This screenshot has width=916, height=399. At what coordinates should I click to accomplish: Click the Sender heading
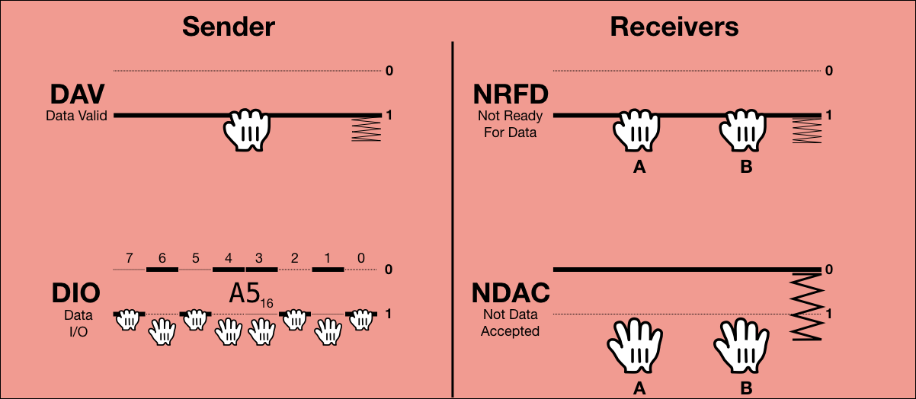[228, 27]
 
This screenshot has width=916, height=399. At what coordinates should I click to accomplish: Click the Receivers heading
[674, 27]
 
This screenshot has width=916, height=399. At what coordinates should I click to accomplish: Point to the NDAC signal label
[511, 294]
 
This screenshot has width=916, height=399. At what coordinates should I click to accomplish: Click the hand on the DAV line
[247, 129]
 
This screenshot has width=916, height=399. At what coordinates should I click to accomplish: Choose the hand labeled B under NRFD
[745, 129]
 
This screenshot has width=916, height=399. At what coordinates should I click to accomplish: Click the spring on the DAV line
[365, 129]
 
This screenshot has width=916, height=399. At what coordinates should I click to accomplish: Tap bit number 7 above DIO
[130, 259]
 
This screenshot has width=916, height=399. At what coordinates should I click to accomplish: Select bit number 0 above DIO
[360, 259]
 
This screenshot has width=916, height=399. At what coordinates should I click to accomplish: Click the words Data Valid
[76, 117]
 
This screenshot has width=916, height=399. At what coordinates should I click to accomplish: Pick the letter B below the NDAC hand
[746, 388]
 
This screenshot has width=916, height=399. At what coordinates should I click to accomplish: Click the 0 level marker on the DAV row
[389, 71]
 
